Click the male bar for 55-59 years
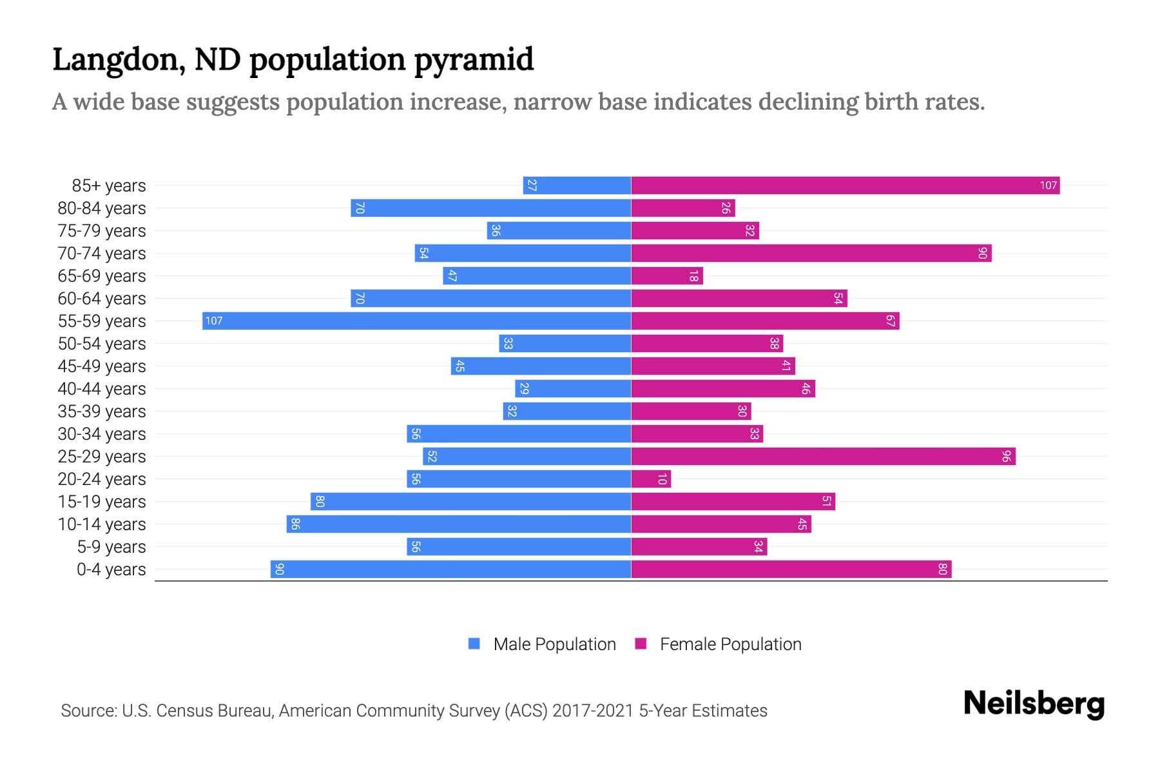416,321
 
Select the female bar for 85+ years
845,185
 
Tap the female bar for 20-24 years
651,479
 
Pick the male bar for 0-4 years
450,569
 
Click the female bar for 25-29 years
823,456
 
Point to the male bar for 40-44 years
573,388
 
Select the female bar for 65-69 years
667,275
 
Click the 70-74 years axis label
102,253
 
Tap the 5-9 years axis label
111,547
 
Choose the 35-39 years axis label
102,412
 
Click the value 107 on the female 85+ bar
1048,186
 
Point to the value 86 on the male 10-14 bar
295,524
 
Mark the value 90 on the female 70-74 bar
982,253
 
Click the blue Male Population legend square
474,644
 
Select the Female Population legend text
730,644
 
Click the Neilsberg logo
1034,704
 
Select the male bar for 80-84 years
490,208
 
